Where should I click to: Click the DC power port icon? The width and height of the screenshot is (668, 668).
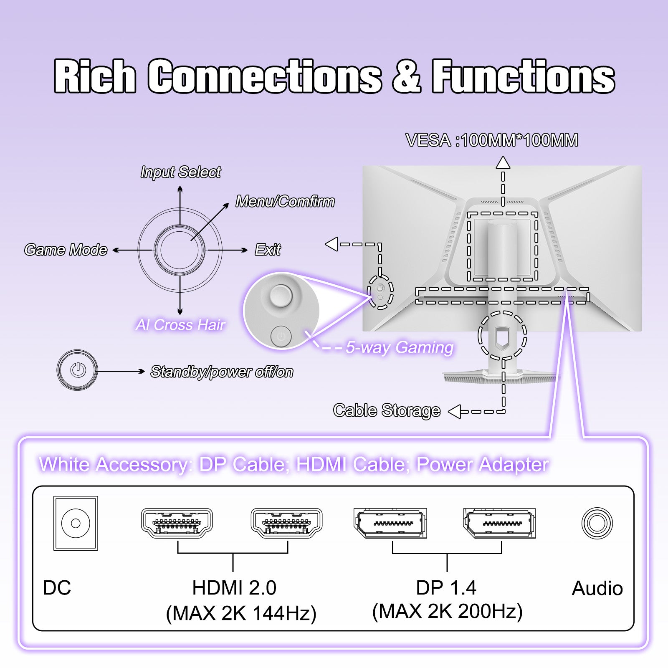pos(76,523)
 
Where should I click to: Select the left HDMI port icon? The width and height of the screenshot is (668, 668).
pos(177,523)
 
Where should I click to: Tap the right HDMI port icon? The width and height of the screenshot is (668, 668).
pos(286,523)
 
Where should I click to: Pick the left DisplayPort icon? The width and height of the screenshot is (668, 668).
pos(390,523)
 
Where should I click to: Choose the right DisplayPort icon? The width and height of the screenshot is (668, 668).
pos(499,523)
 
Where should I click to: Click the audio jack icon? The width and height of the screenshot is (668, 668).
pos(597,523)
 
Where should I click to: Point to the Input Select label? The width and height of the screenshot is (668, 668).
pos(180,172)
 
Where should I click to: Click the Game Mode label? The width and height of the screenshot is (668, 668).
pos(66,250)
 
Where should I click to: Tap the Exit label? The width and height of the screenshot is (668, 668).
pos(268,250)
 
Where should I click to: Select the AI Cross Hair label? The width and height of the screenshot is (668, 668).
pos(180,325)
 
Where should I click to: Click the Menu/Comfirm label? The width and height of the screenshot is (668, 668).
pos(285,202)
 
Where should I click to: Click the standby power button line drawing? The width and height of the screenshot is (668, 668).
pos(78,370)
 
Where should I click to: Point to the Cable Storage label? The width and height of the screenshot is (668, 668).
pos(387,410)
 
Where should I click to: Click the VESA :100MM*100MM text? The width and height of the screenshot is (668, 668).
pos(492,140)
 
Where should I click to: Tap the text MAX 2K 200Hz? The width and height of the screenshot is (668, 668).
pos(447,611)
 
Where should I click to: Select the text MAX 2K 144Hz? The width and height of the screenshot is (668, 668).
pos(241,613)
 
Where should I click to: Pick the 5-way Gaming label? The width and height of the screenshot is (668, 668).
pos(400,347)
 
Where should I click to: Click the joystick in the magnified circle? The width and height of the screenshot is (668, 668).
pos(281,295)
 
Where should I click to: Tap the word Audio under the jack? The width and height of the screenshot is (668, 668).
pos(597,588)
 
